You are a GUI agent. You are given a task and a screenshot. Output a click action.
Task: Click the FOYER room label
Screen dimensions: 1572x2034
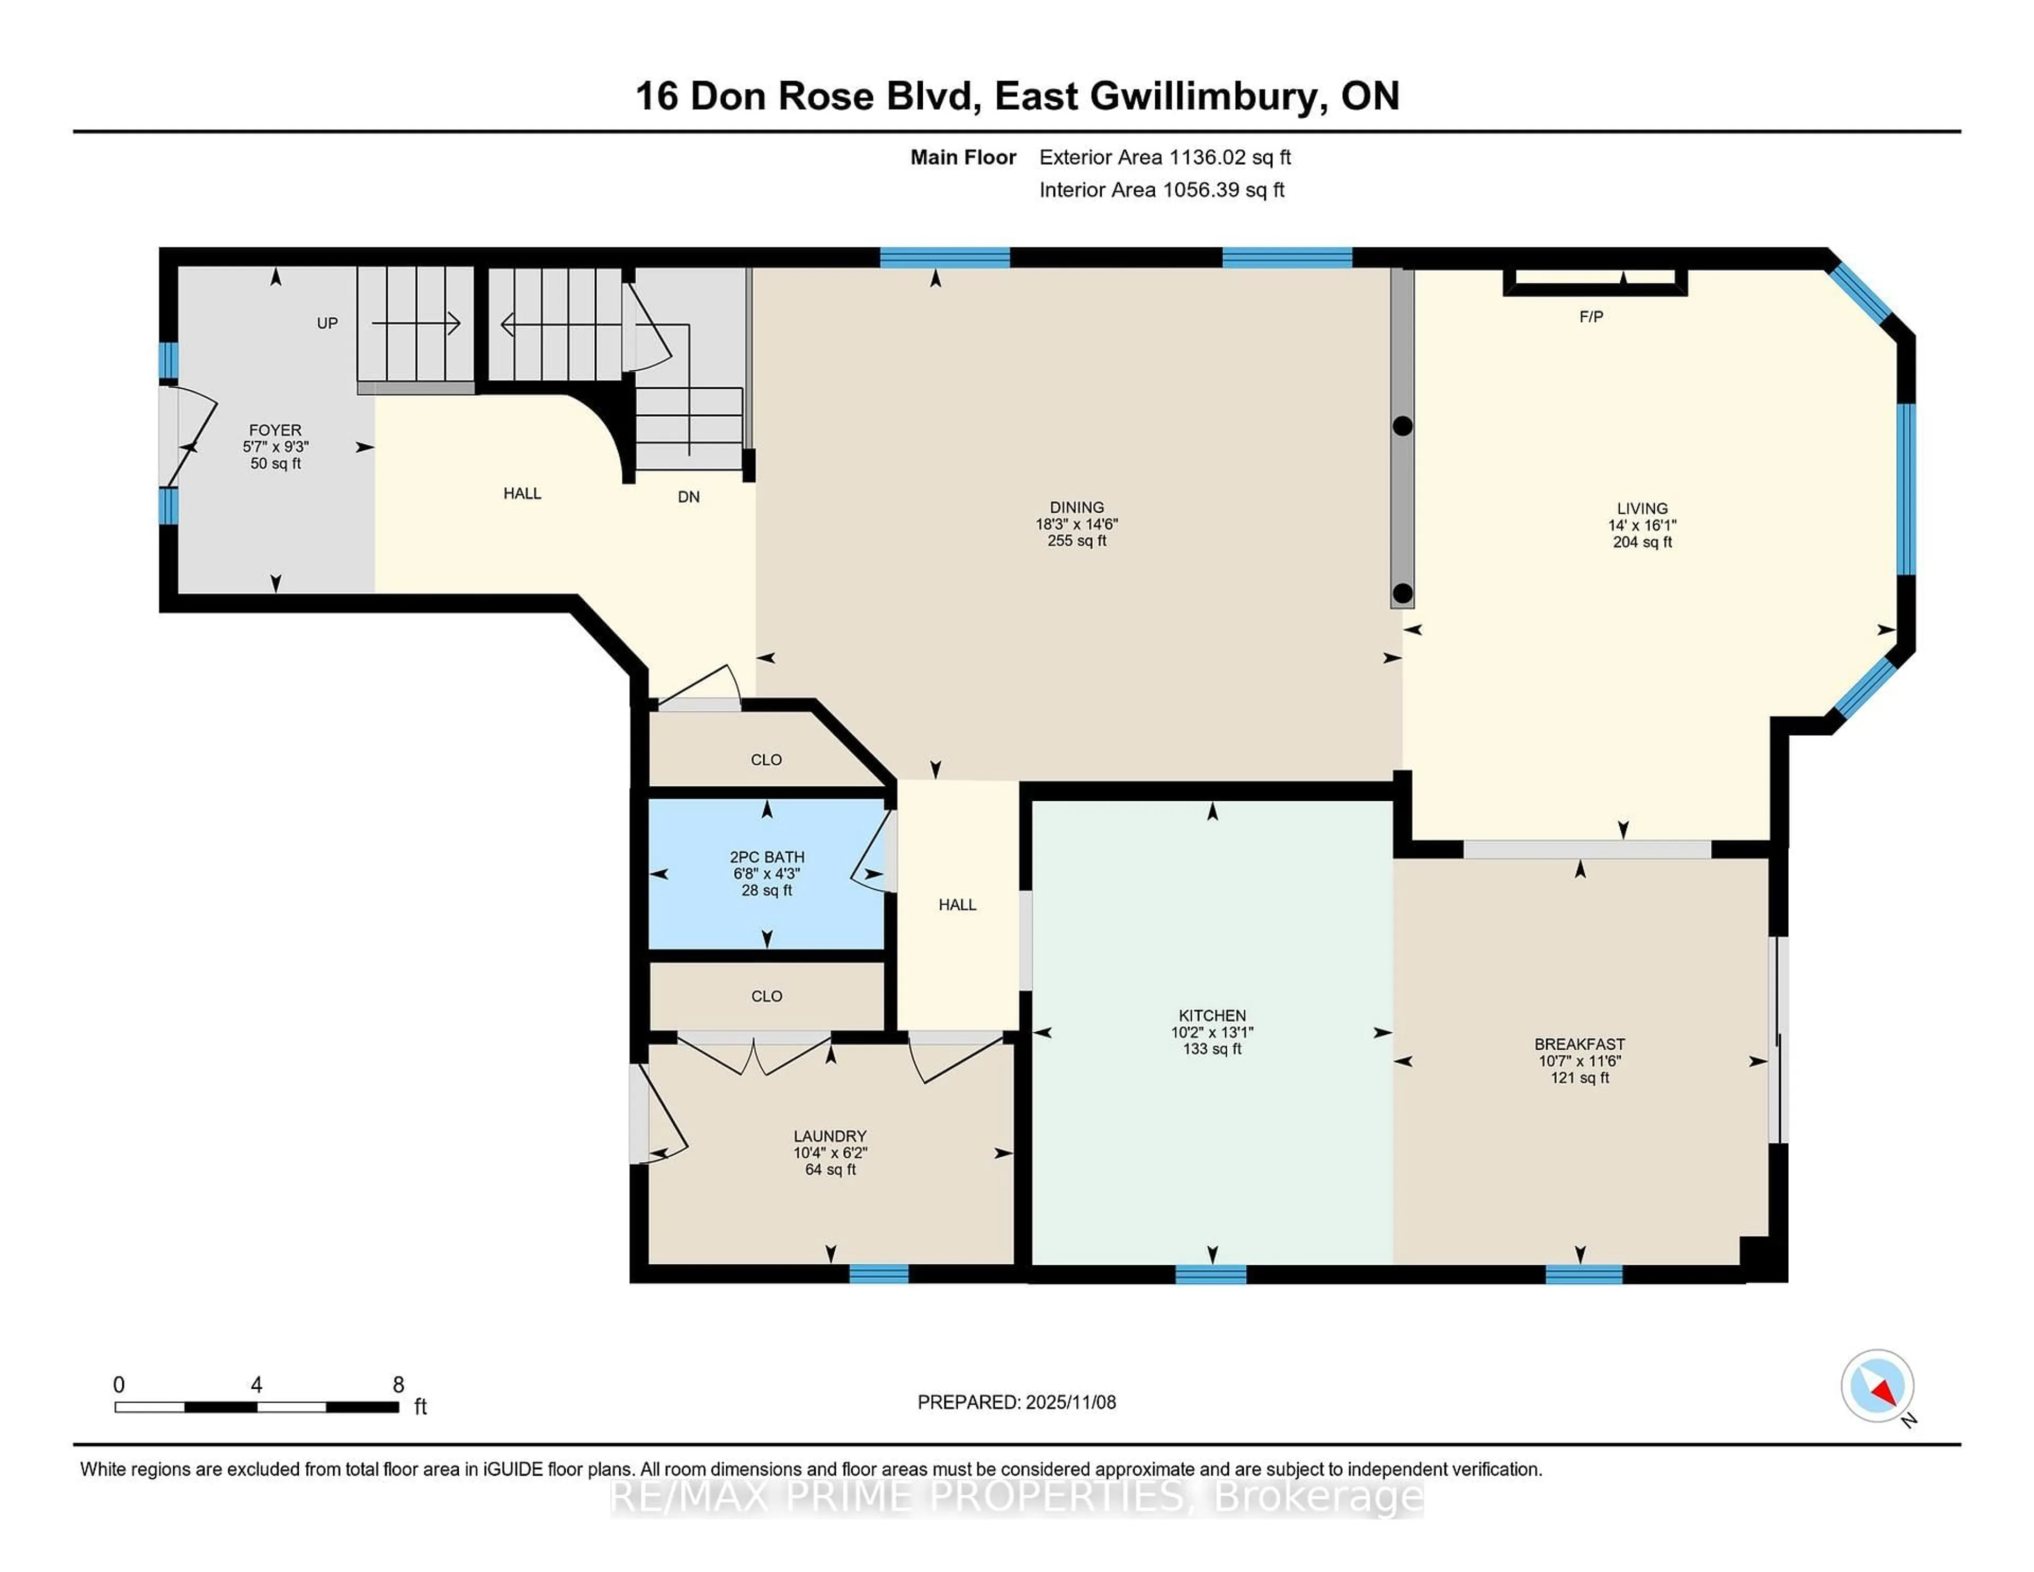(275, 430)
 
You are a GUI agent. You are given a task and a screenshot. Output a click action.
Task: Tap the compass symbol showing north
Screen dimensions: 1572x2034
(1877, 1385)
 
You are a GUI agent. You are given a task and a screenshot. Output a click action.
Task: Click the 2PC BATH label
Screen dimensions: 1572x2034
(766, 857)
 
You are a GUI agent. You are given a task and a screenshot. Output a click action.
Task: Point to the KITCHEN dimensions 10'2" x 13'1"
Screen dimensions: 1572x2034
(1211, 1032)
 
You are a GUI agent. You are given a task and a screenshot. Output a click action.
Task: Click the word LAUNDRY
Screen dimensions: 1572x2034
(830, 1136)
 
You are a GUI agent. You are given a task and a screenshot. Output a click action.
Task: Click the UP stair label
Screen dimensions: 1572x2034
(327, 323)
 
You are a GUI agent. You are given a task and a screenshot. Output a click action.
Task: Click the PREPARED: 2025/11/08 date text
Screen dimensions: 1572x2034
(1016, 1403)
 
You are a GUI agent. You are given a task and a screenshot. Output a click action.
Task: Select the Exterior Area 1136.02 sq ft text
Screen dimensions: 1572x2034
(1164, 157)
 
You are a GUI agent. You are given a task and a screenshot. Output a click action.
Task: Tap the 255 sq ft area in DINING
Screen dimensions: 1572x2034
(1077, 541)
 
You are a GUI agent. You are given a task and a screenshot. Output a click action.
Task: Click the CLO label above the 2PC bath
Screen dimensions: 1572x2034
(766, 760)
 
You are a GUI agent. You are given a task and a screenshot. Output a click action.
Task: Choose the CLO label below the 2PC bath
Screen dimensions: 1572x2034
(766, 996)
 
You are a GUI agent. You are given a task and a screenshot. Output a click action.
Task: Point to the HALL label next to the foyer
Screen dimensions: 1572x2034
(522, 494)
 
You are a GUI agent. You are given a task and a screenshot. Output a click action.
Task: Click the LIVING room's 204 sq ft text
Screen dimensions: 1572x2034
(1642, 542)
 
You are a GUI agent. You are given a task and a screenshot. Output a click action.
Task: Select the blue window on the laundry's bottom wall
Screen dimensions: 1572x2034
(878, 1273)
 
